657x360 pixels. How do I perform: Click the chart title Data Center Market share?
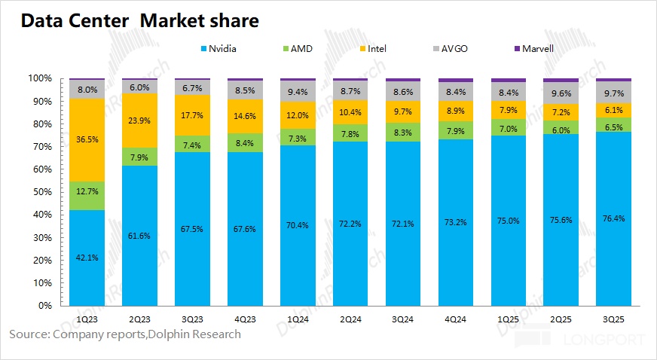139,21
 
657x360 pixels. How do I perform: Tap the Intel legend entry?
376,48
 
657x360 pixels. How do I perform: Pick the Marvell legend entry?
539,48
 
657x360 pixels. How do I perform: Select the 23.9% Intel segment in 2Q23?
139,120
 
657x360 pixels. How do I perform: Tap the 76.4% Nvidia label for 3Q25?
614,218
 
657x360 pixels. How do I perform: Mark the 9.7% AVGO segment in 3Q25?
614,91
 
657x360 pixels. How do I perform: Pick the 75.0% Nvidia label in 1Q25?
509,220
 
